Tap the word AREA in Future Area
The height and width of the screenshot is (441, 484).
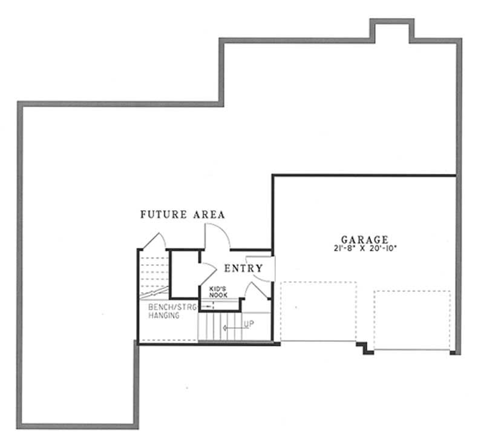pos(208,214)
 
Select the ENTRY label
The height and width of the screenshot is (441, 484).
pos(243,268)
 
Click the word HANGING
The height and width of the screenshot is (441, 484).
pos(163,316)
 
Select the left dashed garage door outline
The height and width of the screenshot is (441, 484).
pos(319,311)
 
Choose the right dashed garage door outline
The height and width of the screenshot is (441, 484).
pos(413,320)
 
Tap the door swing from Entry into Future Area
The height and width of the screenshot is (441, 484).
pos(217,236)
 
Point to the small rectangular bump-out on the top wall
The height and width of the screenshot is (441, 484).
pos(392,30)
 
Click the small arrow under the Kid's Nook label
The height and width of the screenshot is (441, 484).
pos(208,306)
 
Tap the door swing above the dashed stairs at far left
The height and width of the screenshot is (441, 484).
pos(155,239)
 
